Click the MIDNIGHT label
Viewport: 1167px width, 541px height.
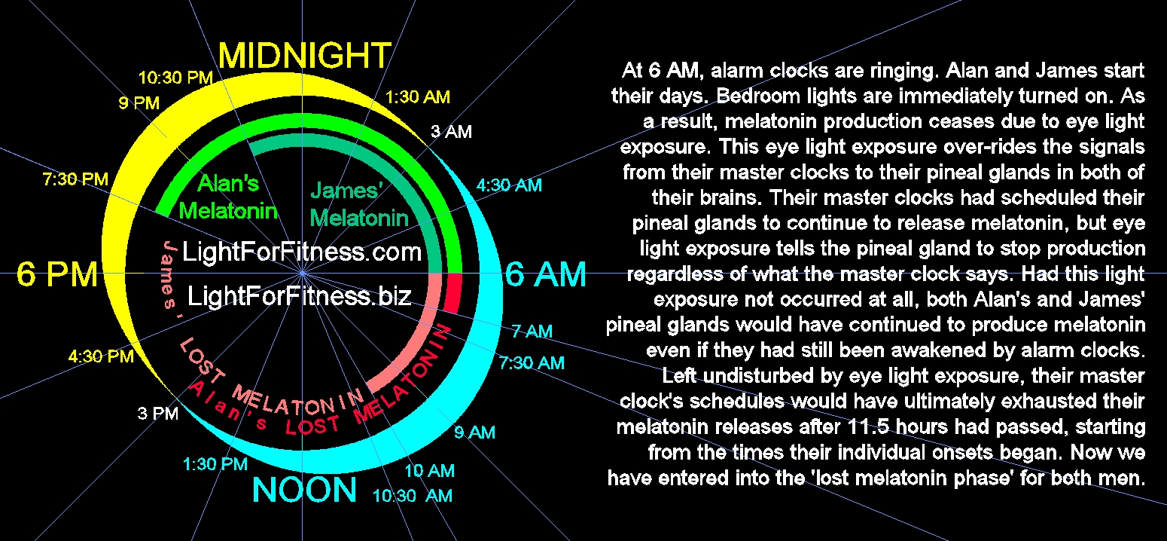[x=305, y=55]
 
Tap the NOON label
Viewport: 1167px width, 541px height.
[x=304, y=490]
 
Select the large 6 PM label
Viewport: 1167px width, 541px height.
[x=56, y=274]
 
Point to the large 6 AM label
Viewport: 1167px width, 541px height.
[x=545, y=274]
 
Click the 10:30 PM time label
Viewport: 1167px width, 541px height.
[x=175, y=78]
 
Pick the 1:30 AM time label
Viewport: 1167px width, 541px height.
[x=417, y=97]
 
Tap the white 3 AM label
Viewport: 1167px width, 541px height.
[x=451, y=131]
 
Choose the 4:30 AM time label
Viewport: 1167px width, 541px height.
[x=509, y=185]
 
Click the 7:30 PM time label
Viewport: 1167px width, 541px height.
[x=75, y=179]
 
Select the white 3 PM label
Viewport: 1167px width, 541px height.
[x=158, y=414]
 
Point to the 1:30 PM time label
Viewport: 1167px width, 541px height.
[x=215, y=464]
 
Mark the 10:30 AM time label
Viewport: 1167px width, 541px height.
[x=413, y=496]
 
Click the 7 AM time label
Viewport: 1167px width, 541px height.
[x=532, y=331]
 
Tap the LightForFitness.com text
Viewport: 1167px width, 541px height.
[x=302, y=252]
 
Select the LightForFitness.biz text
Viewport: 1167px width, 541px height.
[x=299, y=296]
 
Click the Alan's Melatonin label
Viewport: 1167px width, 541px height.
[x=228, y=197]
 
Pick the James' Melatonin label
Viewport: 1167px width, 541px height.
[x=359, y=204]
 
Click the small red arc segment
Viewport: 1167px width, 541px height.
[x=452, y=293]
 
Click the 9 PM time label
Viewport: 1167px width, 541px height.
[x=139, y=102]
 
